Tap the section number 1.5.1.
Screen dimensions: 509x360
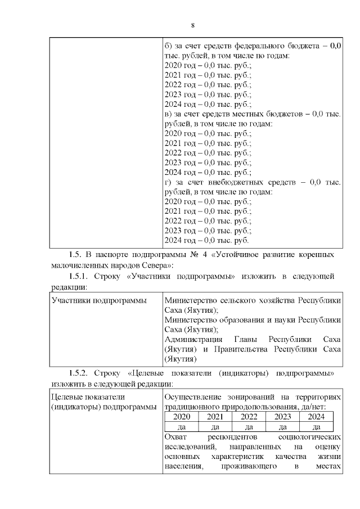80,277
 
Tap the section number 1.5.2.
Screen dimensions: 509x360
80,373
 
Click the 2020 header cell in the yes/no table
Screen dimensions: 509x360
182,417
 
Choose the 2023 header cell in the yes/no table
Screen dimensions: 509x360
282,417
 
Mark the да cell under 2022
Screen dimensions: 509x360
249,427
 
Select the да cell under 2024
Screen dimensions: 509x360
316,427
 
